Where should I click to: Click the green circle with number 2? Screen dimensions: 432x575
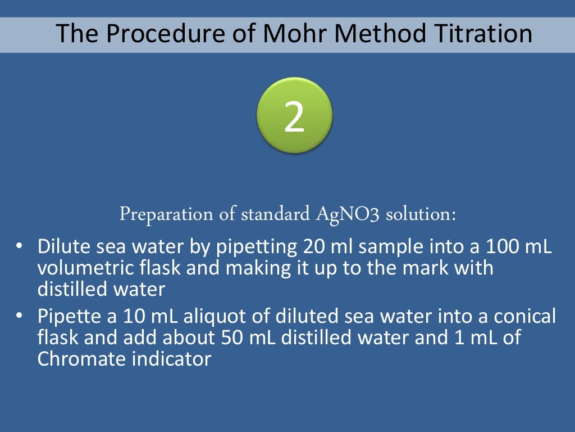pyautogui.click(x=294, y=116)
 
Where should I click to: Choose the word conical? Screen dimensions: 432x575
pyautogui.click(x=525, y=317)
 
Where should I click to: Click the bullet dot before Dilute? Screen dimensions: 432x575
pyautogui.click(x=20, y=247)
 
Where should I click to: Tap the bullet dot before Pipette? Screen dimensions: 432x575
pyautogui.click(x=20, y=317)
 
